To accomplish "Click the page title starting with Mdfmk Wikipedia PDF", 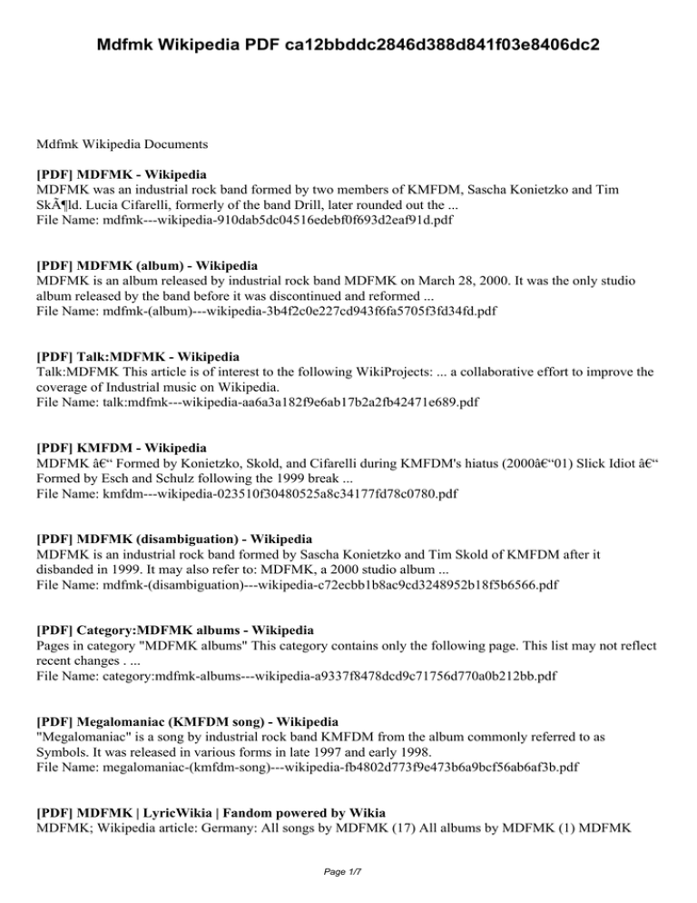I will [x=348, y=43].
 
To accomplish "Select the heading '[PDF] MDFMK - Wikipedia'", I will [x=121, y=173].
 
